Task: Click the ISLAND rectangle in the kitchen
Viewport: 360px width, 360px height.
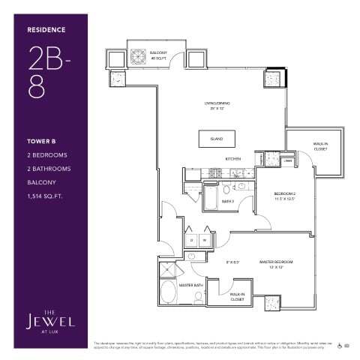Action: point(216,139)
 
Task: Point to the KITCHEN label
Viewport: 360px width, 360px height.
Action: point(232,159)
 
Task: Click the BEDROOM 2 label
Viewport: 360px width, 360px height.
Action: point(284,196)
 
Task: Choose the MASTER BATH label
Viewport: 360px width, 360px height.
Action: point(188,285)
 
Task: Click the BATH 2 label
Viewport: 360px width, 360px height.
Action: point(229,201)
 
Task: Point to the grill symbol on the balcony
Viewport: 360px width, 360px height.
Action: point(139,56)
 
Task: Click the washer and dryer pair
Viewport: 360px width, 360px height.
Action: point(197,241)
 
